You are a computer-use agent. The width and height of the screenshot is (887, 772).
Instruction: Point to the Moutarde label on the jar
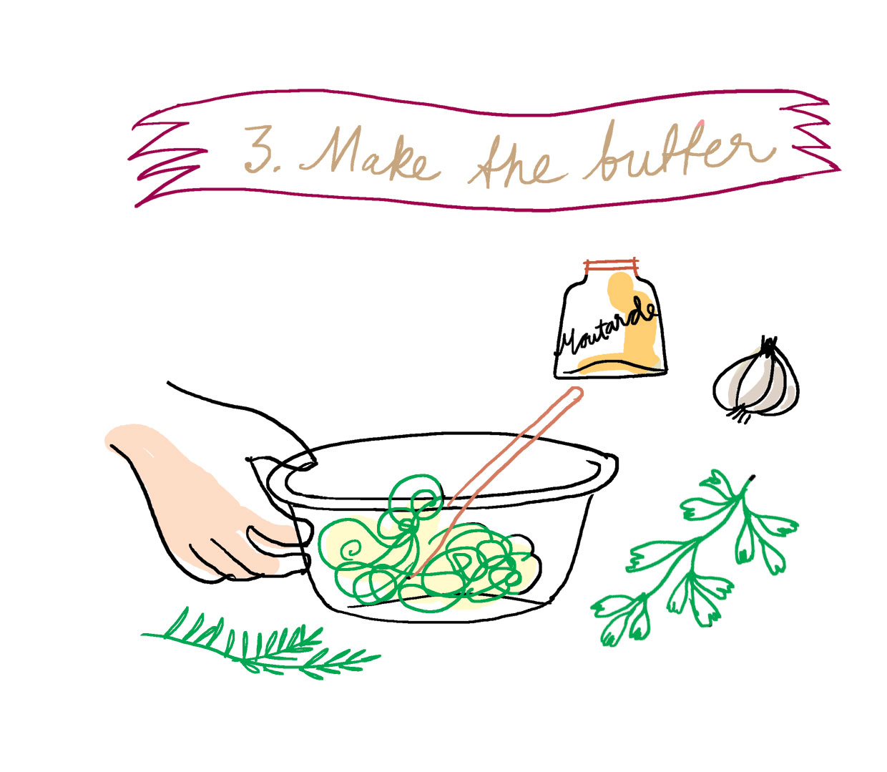pyautogui.click(x=608, y=329)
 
